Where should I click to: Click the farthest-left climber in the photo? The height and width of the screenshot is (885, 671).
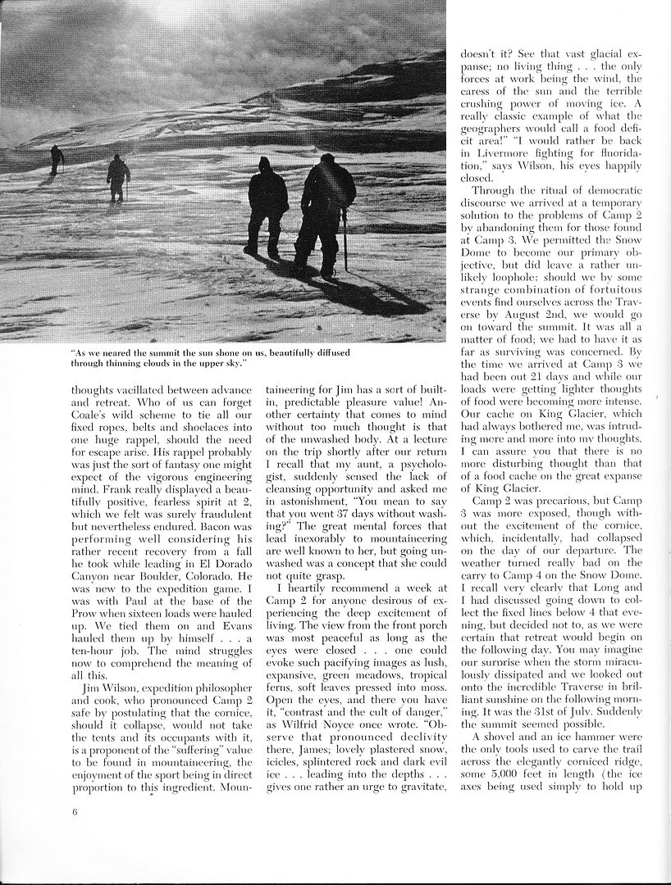[57, 159]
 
